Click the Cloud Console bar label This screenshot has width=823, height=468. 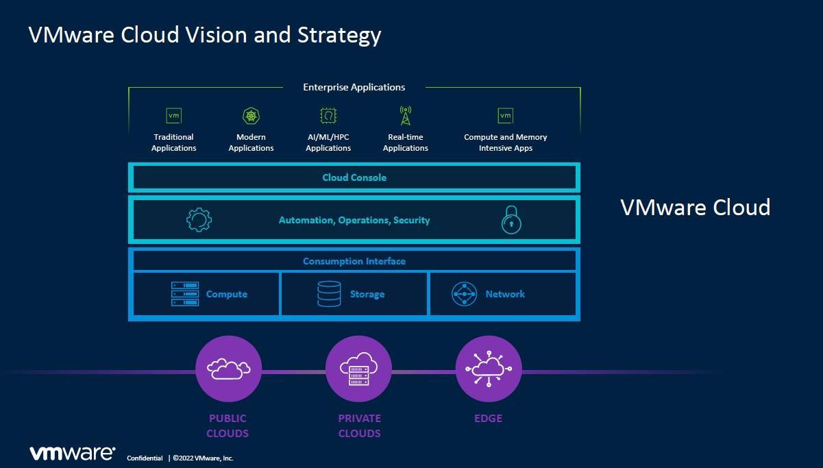354,177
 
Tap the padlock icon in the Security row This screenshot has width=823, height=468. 512,220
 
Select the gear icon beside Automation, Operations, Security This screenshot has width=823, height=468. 199,220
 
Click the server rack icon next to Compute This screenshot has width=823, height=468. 185,294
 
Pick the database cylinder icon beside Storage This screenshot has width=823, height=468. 329,294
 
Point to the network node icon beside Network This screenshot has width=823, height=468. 464,294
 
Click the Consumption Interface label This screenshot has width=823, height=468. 354,261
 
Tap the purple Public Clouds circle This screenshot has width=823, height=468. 228,369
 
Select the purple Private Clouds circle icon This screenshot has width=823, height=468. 358,369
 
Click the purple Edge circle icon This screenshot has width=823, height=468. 489,369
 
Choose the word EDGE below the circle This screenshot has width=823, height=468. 488,418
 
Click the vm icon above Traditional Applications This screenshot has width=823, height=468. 174,115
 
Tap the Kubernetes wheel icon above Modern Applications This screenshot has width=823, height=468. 251,116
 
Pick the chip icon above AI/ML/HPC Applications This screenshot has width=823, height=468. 328,116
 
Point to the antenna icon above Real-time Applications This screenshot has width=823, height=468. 405,115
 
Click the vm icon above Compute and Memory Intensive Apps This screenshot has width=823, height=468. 506,115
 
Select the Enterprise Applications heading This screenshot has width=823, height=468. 354,87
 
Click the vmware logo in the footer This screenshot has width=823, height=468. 72,453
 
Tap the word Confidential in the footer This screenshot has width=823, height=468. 145,458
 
